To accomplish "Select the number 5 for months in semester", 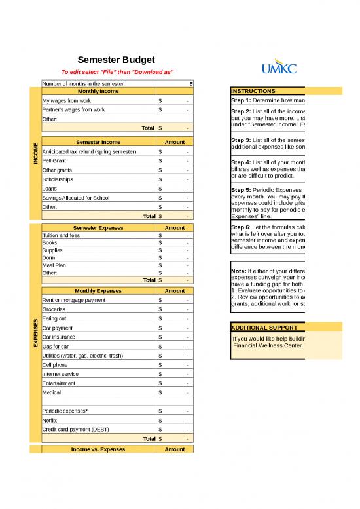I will tap(190, 84).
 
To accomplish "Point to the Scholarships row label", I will tap(58, 179).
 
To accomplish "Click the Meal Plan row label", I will tap(55, 265).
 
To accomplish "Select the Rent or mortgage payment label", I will tap(73, 300).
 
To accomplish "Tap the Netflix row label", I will tap(50, 420).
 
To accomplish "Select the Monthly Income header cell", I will tap(98, 91).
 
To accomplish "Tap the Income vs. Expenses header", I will tap(98, 449).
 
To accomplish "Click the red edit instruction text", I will tap(117, 72).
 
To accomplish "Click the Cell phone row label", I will tap(55, 364).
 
